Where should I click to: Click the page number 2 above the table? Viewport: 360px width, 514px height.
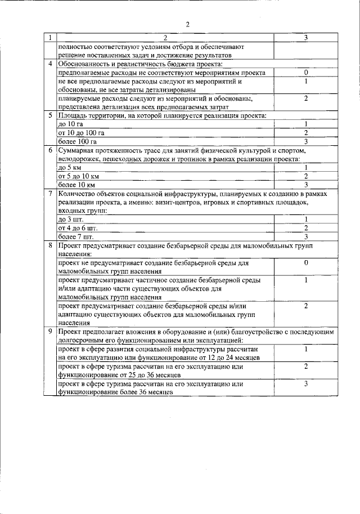click(187, 24)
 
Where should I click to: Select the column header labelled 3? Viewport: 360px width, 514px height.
click(305, 38)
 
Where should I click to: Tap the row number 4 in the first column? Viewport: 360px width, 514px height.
click(51, 64)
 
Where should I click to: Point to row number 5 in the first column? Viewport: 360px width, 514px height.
click(51, 115)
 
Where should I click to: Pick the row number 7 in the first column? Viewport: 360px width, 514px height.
click(51, 193)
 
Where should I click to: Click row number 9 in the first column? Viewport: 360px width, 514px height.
click(51, 333)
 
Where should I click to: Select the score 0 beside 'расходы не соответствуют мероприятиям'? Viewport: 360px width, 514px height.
click(305, 73)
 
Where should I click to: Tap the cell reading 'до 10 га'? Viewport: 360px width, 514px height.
click(71, 124)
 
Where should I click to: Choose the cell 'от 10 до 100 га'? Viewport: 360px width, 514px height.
click(81, 133)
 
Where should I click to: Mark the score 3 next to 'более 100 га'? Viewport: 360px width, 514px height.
click(305, 141)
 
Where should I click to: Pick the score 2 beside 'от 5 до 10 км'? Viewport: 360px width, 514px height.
click(305, 176)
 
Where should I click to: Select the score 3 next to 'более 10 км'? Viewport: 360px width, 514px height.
click(305, 184)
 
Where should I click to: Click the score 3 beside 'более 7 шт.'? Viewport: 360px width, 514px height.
click(305, 236)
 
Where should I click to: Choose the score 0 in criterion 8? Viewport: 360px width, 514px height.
click(305, 263)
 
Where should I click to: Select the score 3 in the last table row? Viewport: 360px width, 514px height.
click(305, 384)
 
